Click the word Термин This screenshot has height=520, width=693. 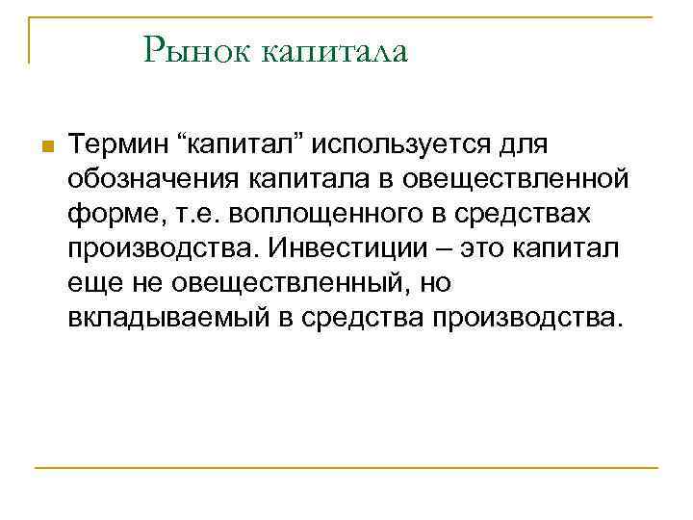coord(116,145)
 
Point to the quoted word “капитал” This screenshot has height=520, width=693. coord(243,145)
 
